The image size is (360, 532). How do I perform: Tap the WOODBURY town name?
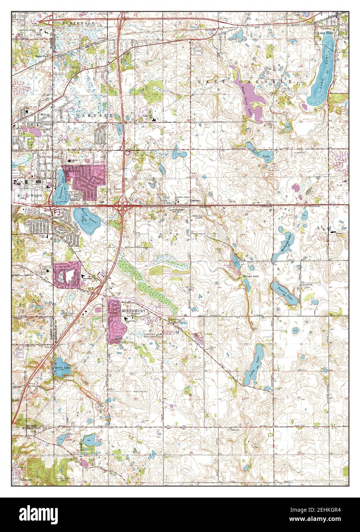(x=134, y=312)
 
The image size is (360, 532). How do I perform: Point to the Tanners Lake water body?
(x=60, y=187)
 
